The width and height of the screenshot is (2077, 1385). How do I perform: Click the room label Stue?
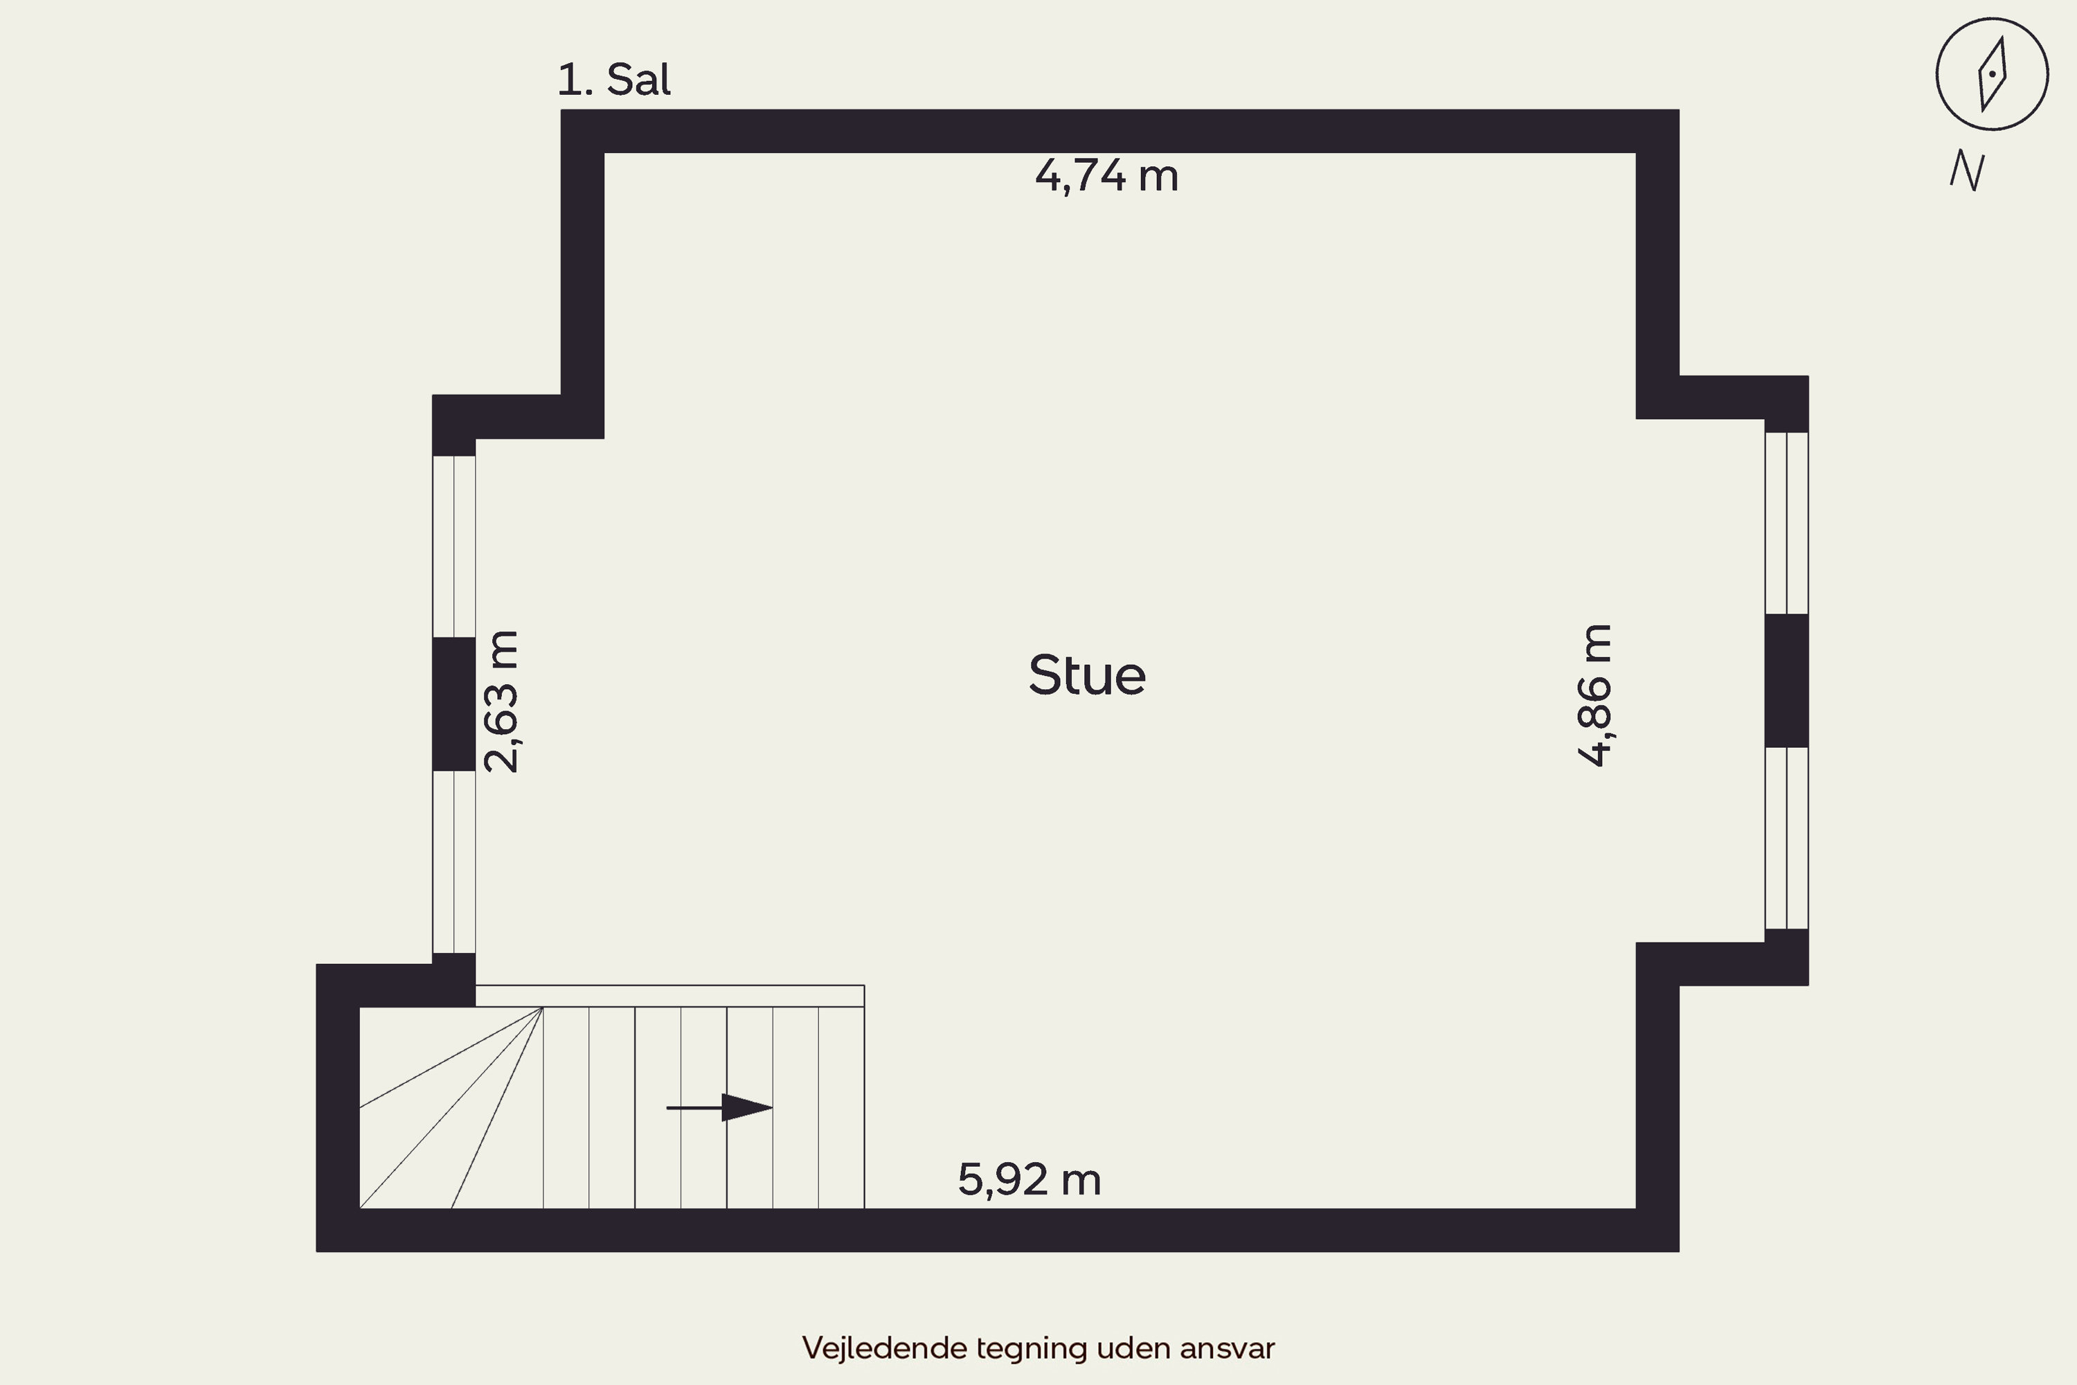(1087, 676)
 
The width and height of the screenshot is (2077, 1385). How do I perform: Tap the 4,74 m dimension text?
(1106, 176)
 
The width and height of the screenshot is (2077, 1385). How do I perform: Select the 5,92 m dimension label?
(1029, 1179)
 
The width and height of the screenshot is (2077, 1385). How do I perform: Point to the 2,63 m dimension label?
(501, 702)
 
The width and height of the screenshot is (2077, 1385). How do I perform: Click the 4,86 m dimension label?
(1595, 695)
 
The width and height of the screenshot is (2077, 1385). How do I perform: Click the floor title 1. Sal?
(613, 80)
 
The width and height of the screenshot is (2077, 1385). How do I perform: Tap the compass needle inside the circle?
(1993, 74)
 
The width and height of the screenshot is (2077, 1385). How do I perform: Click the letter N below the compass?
(1968, 170)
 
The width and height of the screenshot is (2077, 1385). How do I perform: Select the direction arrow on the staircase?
(720, 1107)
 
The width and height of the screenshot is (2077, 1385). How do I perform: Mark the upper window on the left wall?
(454, 547)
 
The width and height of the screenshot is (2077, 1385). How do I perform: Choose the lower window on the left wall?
(454, 862)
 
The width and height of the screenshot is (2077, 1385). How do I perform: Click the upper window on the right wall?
(1786, 523)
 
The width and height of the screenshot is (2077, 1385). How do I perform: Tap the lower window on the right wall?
(1786, 838)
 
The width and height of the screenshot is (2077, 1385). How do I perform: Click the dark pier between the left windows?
(454, 704)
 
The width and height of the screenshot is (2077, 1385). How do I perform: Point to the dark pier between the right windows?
(1786, 681)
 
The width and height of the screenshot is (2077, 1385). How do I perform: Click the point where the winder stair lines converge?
(542, 1007)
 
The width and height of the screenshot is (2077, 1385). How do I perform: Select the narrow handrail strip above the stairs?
(670, 996)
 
